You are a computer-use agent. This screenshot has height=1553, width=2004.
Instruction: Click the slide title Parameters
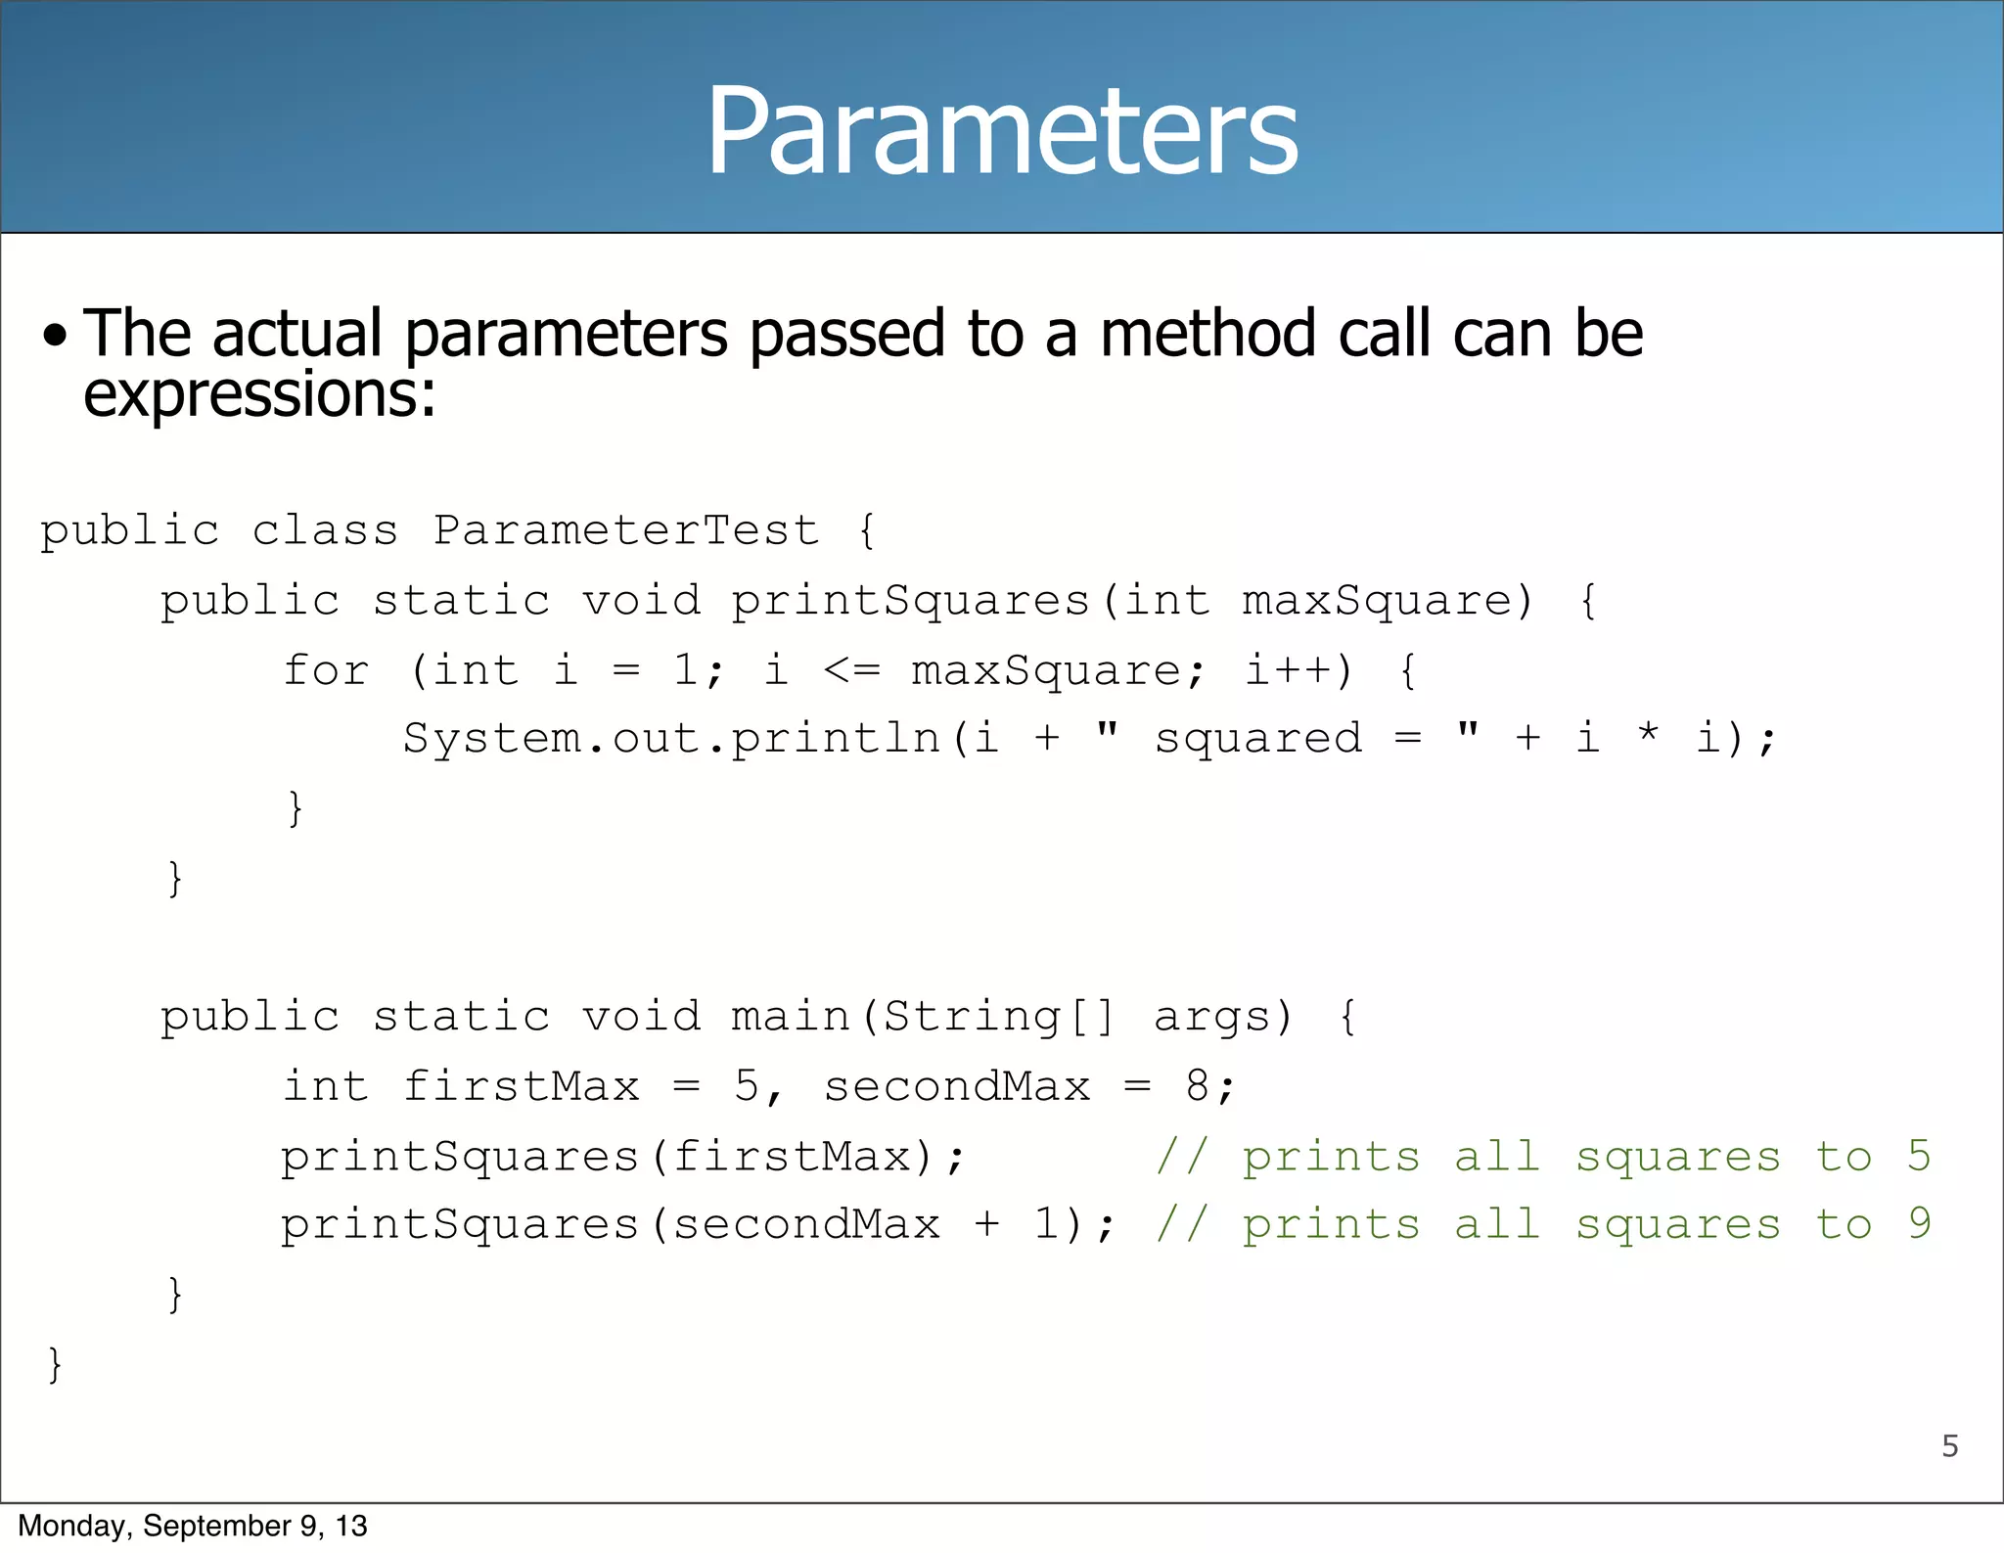pyautogui.click(x=1002, y=132)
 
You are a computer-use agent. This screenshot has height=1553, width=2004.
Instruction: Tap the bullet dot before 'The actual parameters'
pyautogui.click(x=56, y=337)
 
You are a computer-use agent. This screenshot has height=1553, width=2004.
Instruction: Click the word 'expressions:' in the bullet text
pyautogui.click(x=259, y=394)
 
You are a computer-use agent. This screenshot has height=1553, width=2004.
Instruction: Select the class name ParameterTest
pyautogui.click(x=625, y=530)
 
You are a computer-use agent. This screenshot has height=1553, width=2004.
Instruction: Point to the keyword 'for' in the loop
pyautogui.click(x=326, y=670)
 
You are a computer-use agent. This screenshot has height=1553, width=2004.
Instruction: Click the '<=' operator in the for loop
pyautogui.click(x=851, y=670)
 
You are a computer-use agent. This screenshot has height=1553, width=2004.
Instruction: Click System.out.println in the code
pyautogui.click(x=671, y=738)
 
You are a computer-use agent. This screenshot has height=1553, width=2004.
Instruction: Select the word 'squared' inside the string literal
pyautogui.click(x=1257, y=738)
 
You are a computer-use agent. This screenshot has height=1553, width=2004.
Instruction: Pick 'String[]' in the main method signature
pyautogui.click(x=998, y=1017)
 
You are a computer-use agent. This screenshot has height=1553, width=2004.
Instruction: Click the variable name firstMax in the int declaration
pyautogui.click(x=521, y=1086)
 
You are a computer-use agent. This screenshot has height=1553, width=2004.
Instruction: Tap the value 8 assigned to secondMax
pyautogui.click(x=1198, y=1086)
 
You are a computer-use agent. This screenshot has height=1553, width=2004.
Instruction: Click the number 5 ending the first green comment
pyautogui.click(x=1918, y=1156)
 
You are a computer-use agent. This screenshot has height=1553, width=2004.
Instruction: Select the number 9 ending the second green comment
pyautogui.click(x=1919, y=1224)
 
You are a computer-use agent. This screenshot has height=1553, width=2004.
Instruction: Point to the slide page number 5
pyautogui.click(x=1949, y=1446)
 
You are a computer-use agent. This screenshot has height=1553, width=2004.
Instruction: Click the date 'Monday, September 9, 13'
pyautogui.click(x=193, y=1526)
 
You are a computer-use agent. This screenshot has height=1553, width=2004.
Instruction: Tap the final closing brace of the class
pyautogui.click(x=55, y=1364)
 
